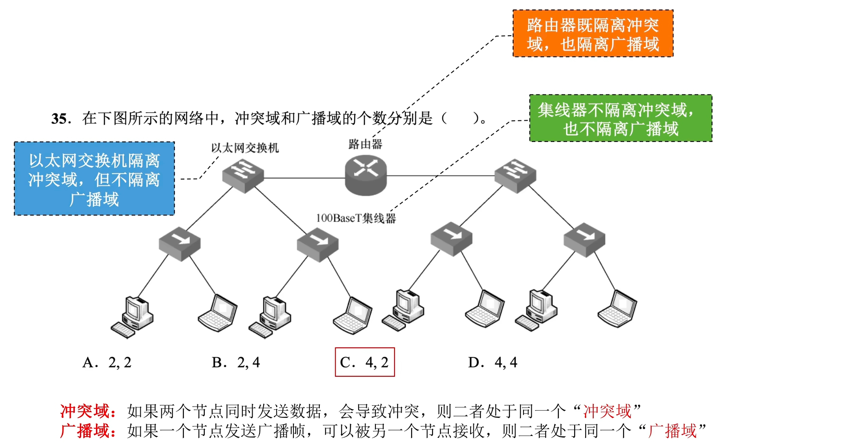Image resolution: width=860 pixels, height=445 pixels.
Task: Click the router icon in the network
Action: point(365,175)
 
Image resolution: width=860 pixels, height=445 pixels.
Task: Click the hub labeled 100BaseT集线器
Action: point(317,245)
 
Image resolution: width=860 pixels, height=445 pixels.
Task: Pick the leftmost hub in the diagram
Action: point(179,243)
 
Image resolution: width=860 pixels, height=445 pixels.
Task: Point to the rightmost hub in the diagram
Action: point(584,239)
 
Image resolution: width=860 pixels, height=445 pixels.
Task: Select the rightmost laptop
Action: point(618,309)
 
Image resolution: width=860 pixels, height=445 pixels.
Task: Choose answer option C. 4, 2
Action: point(365,362)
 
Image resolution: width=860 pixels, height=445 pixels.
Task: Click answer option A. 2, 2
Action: point(107,362)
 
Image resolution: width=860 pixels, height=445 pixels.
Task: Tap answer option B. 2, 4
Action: point(235,362)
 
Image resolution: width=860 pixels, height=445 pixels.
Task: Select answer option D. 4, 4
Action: point(492,362)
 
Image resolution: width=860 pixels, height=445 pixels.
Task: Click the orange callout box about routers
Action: point(593,34)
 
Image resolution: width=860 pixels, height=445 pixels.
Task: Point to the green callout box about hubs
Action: point(620,118)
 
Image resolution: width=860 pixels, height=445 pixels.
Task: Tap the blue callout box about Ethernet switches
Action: point(94,179)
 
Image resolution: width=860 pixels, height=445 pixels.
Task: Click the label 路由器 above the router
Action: point(365,144)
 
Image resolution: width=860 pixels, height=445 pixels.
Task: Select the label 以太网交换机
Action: point(245,148)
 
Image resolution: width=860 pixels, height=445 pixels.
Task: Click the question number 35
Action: point(61,119)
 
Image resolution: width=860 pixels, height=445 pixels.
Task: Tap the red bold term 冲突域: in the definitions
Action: point(88,411)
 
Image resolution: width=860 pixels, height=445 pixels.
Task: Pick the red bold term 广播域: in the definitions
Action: point(88,431)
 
